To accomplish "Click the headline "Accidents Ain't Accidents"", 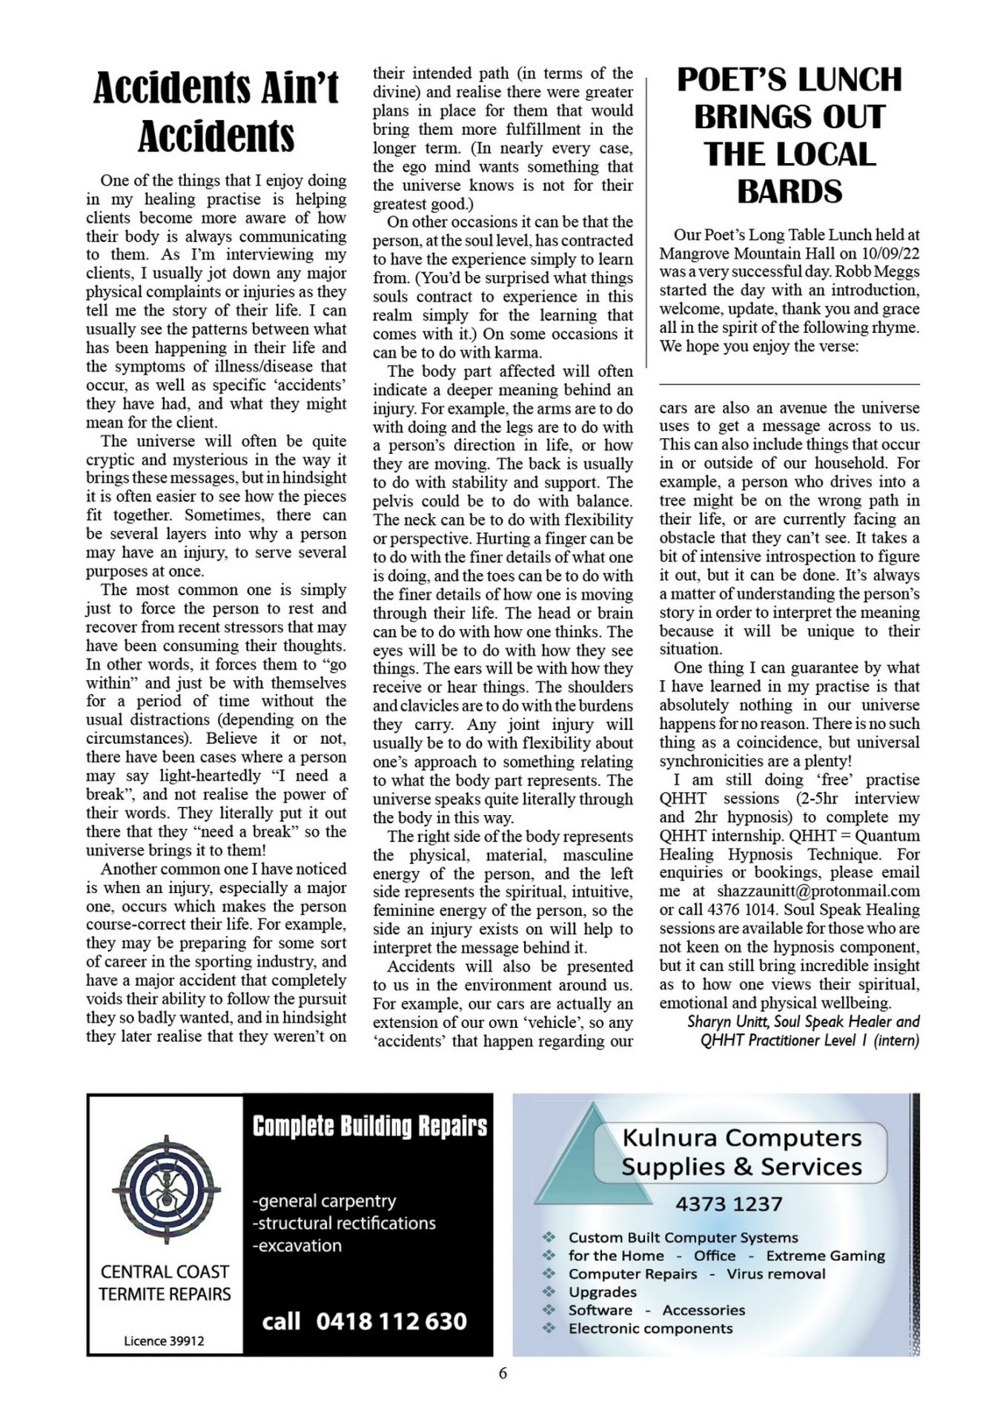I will coord(216,112).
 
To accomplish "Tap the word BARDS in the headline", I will coord(790,192).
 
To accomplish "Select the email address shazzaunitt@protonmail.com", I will coord(818,891).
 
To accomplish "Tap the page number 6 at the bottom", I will coord(503,1373).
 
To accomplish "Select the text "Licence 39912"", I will coord(164,1341).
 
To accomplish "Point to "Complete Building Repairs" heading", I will coord(370,1127).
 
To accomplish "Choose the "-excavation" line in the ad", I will coord(297,1245).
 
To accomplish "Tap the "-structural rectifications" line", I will coord(344,1223).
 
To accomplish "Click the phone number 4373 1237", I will coord(729,1204).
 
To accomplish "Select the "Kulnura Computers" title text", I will coord(742,1137).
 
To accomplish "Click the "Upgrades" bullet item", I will coord(603,1292).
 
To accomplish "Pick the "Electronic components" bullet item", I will coord(650,1328).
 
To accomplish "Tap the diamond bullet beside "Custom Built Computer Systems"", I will coord(549,1237).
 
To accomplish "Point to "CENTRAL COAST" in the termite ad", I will coord(165,1272).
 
